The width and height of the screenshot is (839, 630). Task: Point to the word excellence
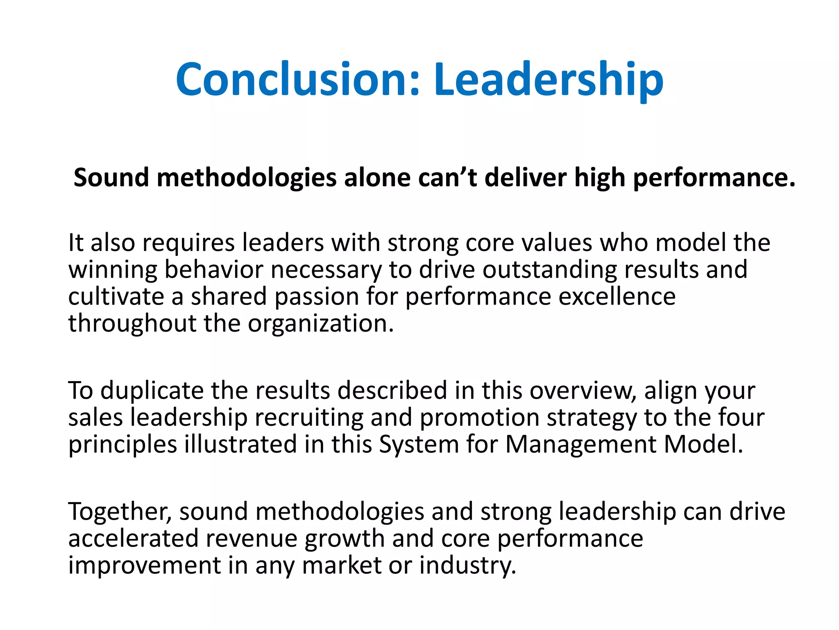(617, 297)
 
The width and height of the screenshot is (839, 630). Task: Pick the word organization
(321, 324)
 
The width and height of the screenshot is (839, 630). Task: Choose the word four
(741, 417)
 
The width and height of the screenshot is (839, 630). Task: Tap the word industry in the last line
(467, 566)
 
